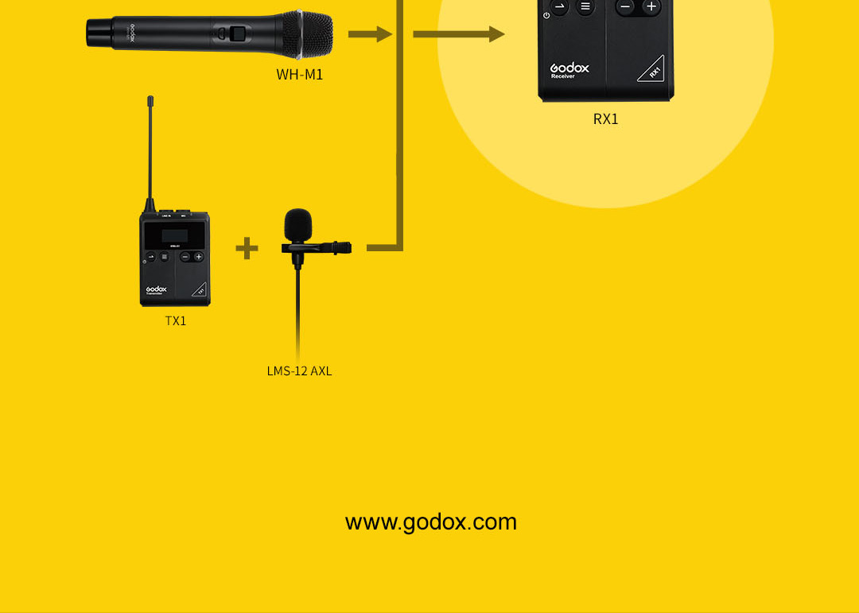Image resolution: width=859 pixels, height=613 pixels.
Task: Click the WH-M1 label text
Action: coord(300,75)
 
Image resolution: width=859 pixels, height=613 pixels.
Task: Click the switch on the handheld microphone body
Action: coord(236,33)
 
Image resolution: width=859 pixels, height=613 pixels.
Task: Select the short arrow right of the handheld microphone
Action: coord(370,34)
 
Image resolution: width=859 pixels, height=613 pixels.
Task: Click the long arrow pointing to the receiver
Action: coord(458,34)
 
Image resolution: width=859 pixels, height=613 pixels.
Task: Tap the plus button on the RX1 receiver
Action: coord(651,7)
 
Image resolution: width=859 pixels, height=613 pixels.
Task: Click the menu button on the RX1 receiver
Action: coord(586,7)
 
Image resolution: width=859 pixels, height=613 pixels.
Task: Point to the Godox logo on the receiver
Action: coord(569,69)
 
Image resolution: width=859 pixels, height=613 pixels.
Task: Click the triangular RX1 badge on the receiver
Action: coord(651,69)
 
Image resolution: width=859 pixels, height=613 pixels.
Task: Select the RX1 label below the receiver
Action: coord(605,119)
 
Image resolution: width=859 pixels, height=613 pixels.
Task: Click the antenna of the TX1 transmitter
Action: coord(150,151)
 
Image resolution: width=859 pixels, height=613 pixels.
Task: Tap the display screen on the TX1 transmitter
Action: coord(175,236)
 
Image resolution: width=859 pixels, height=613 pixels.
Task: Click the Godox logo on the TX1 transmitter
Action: coord(156,290)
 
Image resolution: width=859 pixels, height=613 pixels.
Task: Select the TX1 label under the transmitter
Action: coord(176,321)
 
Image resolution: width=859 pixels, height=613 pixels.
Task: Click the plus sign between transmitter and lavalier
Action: coord(247,248)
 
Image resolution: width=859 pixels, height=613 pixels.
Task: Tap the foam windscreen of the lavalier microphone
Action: coord(298,224)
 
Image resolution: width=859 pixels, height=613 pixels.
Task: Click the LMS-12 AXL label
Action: coord(299,371)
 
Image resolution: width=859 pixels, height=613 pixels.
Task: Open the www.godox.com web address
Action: coord(430,522)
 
